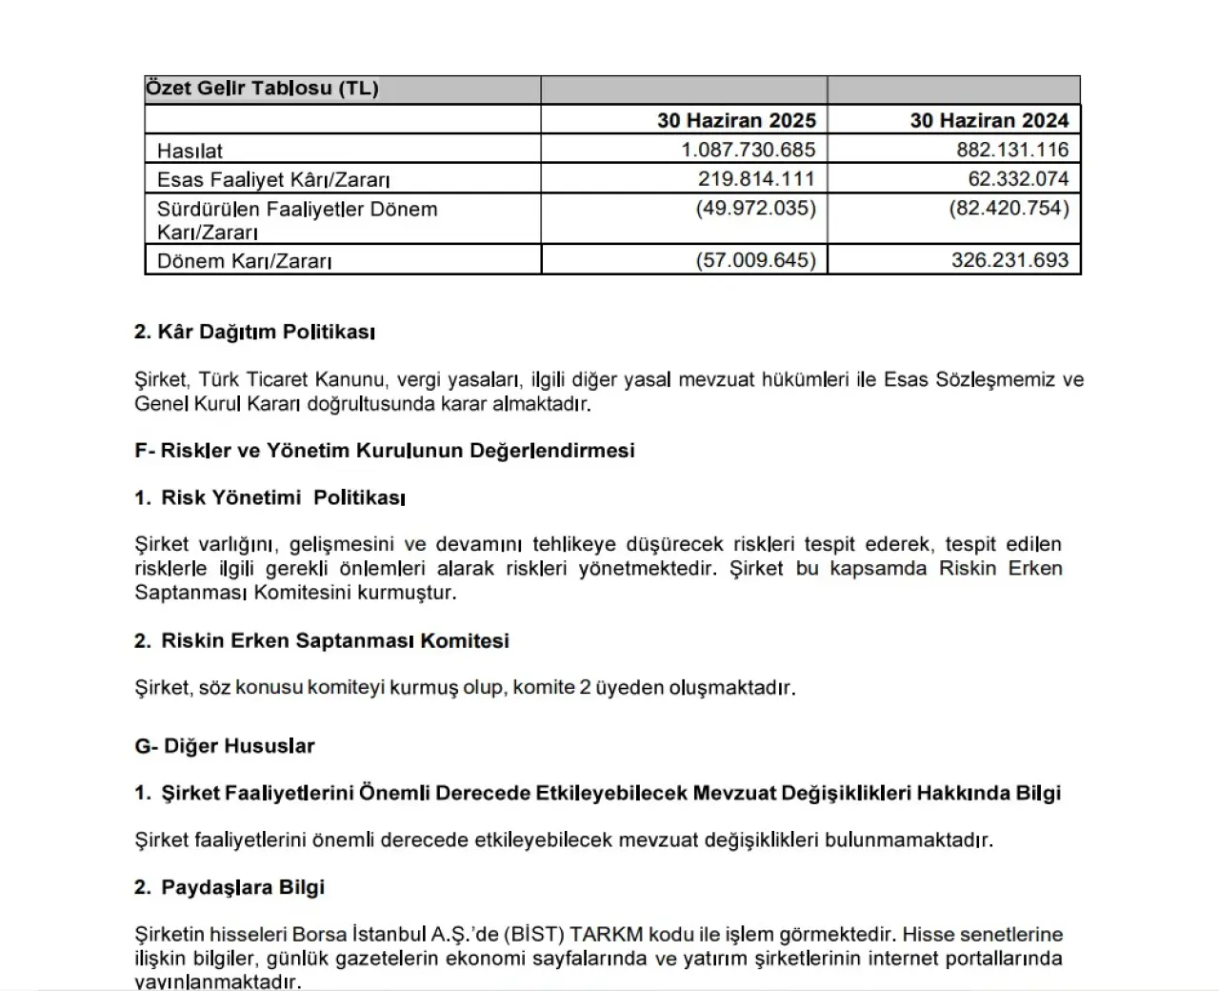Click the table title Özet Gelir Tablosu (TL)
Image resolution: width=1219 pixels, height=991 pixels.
point(262,89)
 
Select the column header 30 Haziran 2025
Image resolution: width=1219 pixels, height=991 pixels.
point(736,120)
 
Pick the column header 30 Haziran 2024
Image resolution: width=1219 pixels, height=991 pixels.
point(989,120)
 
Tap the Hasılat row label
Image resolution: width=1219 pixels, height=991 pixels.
point(190,151)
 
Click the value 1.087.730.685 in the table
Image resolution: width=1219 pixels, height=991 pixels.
point(749,150)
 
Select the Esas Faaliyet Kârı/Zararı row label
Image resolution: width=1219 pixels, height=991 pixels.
point(273,179)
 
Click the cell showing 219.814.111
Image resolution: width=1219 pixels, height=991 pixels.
point(756,179)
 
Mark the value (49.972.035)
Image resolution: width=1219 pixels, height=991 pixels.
point(756,209)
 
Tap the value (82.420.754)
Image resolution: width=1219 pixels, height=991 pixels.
point(1009,209)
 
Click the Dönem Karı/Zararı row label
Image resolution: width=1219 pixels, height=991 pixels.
point(244,261)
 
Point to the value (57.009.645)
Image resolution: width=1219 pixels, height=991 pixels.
point(756,260)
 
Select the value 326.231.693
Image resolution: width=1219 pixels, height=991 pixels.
point(1009,260)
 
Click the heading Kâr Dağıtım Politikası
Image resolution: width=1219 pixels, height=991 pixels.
point(254,333)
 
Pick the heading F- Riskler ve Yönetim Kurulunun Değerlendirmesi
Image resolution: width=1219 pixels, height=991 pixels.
point(385,451)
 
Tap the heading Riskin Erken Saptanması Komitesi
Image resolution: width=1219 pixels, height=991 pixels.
point(334,641)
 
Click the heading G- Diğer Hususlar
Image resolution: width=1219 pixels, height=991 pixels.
point(225,746)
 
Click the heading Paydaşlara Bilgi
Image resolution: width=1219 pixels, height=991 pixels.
point(242,888)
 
